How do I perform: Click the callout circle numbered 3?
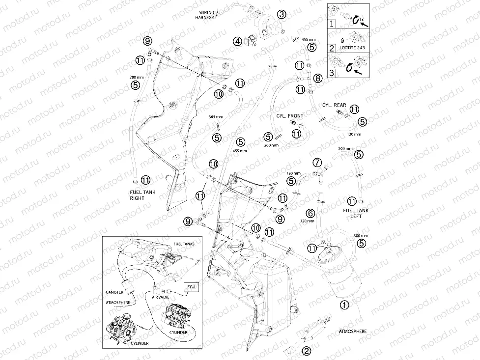(x=282, y=14)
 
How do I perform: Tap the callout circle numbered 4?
(x=238, y=41)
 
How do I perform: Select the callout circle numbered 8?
(x=318, y=79)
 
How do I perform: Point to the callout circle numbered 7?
(x=317, y=162)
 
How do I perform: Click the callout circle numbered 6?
(x=311, y=213)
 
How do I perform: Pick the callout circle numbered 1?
(x=345, y=305)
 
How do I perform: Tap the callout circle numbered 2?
(x=307, y=351)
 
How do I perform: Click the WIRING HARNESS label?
(x=205, y=15)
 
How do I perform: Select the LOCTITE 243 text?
(x=352, y=48)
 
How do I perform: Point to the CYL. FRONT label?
(x=289, y=116)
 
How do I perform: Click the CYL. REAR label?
(x=334, y=105)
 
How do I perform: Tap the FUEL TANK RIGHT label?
(x=142, y=195)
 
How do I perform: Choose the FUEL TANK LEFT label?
(x=356, y=213)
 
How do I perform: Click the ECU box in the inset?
(x=191, y=287)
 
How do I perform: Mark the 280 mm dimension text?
(x=136, y=77)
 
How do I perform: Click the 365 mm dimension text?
(x=216, y=117)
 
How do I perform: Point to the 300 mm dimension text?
(x=361, y=236)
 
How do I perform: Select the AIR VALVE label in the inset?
(x=160, y=297)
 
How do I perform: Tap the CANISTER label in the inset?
(x=114, y=292)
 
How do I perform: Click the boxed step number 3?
(x=332, y=73)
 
